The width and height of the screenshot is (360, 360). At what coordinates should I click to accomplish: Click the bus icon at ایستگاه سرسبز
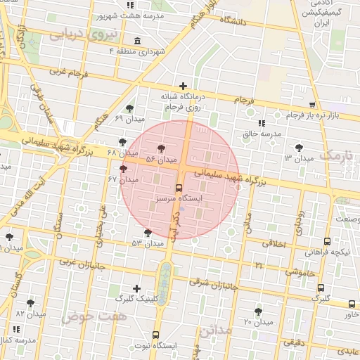[179, 188]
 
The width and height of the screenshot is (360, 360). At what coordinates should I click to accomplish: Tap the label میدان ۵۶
[161, 160]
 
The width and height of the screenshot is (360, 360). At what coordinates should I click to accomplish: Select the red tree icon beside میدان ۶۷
[124, 169]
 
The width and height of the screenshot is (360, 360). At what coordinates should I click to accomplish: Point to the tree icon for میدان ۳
[300, 148]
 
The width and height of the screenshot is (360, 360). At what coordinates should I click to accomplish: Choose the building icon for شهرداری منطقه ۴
[136, 40]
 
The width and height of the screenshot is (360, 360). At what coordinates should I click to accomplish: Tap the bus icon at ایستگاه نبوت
[155, 335]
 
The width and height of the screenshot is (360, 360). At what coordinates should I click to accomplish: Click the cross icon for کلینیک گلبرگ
[136, 288]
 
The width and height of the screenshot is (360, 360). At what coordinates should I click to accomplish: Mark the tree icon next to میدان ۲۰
[258, 311]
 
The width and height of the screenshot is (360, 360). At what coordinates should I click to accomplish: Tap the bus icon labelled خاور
[352, 304]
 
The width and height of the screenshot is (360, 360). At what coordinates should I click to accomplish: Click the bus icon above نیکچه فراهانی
[327, 241]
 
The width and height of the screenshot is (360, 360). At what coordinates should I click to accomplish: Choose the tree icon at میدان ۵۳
[147, 233]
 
